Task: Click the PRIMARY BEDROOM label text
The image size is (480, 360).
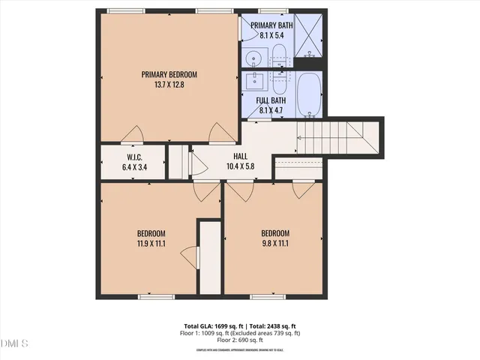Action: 169,74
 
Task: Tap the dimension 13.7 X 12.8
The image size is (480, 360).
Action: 169,85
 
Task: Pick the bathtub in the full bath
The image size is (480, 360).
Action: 309,94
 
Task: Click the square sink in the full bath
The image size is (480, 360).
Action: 253,80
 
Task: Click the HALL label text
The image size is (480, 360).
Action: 240,157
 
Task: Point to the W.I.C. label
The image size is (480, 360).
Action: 135,157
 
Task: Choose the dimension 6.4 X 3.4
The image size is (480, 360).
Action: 135,167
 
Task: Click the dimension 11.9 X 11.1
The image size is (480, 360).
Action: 151,243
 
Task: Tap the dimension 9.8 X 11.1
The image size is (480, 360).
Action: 274,243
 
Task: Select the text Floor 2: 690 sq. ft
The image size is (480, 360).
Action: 240,340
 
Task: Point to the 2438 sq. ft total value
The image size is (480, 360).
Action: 278,326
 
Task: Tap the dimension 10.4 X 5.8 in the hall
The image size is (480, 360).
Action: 240,166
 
